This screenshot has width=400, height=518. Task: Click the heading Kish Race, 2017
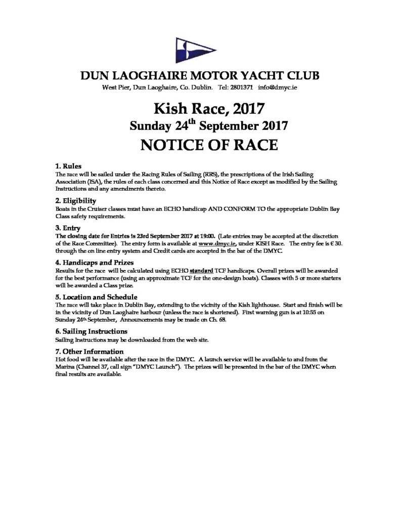click(200, 109)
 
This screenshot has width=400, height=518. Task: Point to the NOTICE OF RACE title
click(200, 145)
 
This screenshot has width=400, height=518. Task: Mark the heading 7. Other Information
click(88, 351)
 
